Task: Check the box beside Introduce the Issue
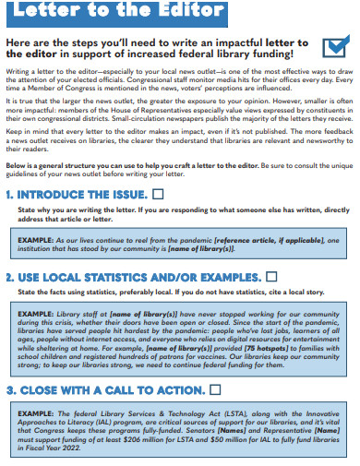click(x=157, y=195)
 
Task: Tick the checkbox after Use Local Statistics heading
click(x=271, y=276)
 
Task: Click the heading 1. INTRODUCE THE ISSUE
click(x=78, y=195)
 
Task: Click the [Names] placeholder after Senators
click(x=254, y=434)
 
